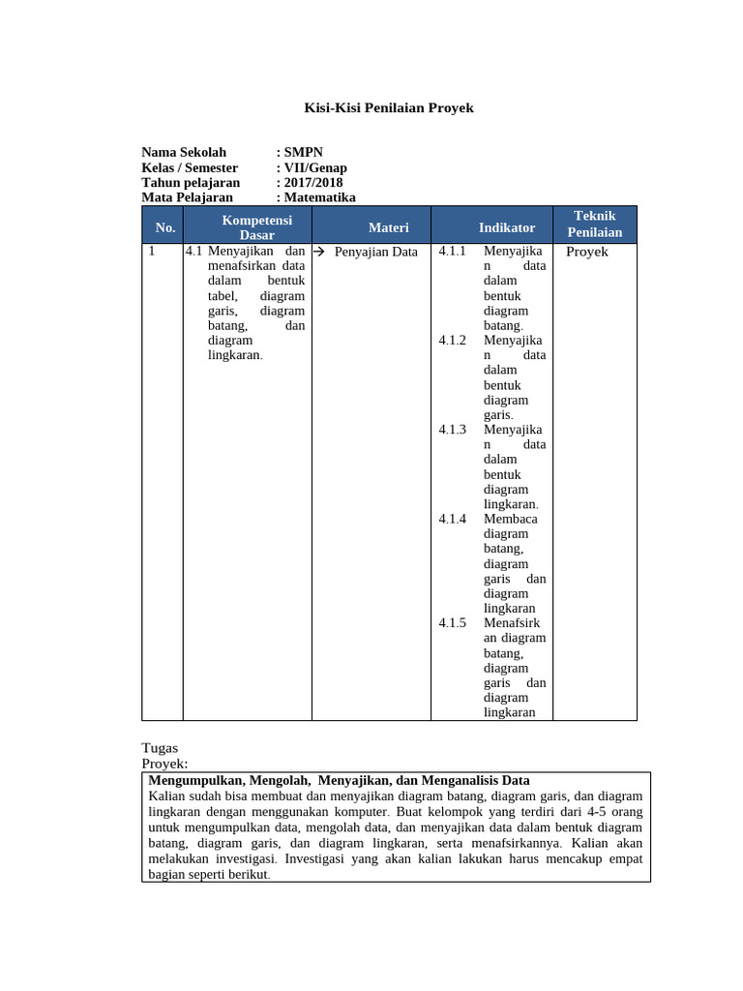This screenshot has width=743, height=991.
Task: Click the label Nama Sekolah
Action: click(184, 152)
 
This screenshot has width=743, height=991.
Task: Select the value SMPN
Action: click(304, 152)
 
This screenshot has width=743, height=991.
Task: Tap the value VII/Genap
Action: click(316, 167)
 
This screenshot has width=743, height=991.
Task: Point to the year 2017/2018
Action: click(313, 182)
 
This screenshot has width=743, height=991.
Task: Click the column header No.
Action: click(164, 227)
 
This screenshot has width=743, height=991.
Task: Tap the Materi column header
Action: click(388, 227)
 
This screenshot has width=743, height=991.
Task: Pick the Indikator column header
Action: click(506, 227)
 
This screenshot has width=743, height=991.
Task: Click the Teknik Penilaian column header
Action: click(594, 225)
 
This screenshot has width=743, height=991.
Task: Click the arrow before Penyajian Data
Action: click(318, 252)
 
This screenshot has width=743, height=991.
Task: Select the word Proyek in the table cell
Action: click(586, 252)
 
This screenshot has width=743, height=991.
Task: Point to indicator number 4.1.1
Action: click(452, 252)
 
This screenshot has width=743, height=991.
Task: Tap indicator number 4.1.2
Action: click(452, 341)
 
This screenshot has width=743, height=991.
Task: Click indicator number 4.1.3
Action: click(452, 430)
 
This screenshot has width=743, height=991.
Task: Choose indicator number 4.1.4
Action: click(452, 519)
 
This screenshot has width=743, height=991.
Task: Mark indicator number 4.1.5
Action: click(452, 623)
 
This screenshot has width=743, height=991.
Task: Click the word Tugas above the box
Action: click(160, 748)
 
